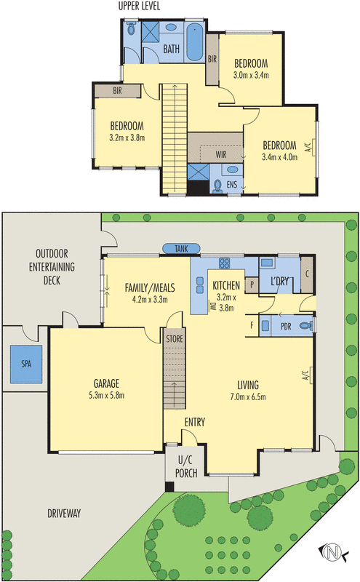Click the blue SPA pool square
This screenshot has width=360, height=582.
click(26, 364)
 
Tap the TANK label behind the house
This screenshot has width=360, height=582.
click(181, 249)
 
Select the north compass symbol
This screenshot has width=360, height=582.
click(332, 552)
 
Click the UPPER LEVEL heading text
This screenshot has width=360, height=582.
click(139, 7)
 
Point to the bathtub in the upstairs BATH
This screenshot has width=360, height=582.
click(194, 42)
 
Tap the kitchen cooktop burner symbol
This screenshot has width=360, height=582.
click(224, 263)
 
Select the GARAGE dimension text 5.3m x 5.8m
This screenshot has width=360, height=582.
click(106, 396)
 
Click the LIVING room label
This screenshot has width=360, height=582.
click(248, 385)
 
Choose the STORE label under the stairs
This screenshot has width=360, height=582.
click(175, 339)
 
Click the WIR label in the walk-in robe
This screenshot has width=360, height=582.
click(221, 154)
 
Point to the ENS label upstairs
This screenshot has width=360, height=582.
click(232, 184)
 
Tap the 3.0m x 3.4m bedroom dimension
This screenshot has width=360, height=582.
click(251, 76)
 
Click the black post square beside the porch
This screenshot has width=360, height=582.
click(169, 486)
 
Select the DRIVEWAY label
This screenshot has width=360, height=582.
click(64, 514)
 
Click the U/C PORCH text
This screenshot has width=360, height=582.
click(186, 466)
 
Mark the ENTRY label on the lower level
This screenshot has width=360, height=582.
click(195, 422)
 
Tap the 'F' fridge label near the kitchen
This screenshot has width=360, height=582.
click(252, 325)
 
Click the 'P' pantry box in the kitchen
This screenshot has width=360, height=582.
click(252, 285)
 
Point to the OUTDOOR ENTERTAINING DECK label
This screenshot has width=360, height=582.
click(52, 267)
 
